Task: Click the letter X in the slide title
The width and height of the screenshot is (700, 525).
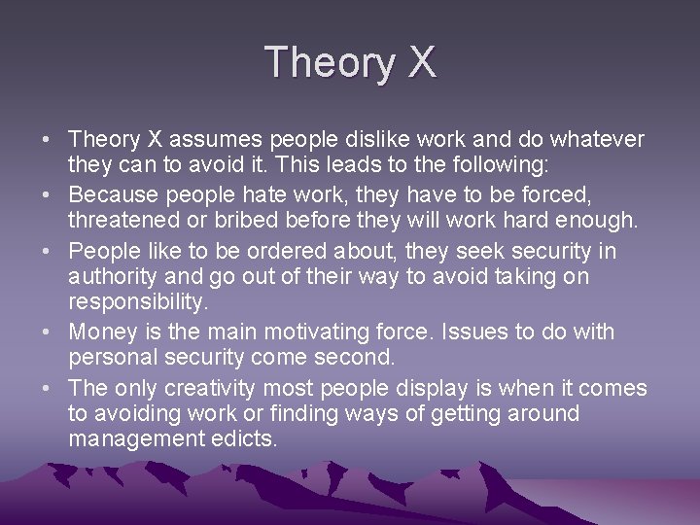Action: pos(422,62)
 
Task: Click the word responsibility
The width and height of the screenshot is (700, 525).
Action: pos(138,302)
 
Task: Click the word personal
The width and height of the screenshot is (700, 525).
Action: pos(110,358)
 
